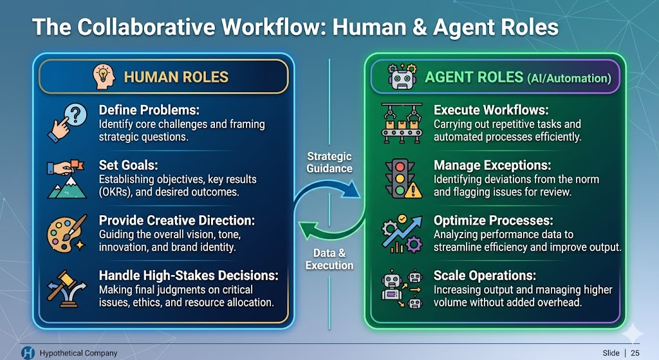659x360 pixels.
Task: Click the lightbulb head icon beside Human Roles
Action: coord(104,77)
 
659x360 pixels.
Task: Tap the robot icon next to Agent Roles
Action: coord(402,77)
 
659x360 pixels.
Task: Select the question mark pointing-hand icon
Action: coord(67,123)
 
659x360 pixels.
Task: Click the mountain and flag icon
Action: coord(67,179)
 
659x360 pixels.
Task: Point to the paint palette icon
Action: coord(67,234)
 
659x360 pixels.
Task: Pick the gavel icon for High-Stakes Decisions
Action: coord(67,289)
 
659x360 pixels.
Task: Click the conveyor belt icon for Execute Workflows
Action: coord(402,123)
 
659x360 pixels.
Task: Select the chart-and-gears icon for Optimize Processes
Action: coord(402,234)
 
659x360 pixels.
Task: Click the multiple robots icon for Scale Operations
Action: coord(402,289)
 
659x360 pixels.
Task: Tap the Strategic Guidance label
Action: coord(329,162)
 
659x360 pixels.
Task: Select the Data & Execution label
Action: coord(329,259)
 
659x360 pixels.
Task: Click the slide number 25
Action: coord(635,353)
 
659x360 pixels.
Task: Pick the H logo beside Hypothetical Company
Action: coord(28,353)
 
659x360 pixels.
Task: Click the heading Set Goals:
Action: coord(128,165)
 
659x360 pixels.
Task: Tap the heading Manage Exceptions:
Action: coord(492,166)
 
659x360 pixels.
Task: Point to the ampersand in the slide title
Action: coord(420,27)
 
